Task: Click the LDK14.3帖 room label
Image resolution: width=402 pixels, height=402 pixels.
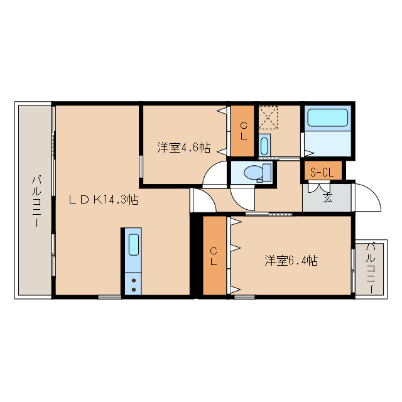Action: [104, 200]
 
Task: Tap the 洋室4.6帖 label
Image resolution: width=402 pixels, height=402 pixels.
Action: [183, 148]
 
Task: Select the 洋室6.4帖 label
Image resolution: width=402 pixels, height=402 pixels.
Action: [290, 260]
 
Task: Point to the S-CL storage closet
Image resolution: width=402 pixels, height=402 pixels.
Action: [323, 171]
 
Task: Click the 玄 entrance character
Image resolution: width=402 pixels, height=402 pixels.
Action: [327, 198]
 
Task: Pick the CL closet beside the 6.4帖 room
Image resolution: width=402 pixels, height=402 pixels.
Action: [214, 255]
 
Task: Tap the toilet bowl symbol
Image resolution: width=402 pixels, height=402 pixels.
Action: [255, 171]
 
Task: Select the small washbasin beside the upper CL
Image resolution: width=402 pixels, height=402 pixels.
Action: [264, 146]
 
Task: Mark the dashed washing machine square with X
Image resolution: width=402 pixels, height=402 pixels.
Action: [269, 117]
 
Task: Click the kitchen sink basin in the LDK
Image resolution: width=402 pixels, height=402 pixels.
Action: [133, 244]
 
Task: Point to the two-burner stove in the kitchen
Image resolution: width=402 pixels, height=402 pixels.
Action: [133, 282]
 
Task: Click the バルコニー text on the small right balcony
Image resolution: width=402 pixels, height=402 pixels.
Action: [371, 268]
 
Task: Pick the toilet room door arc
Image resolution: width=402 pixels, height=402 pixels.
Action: [242, 197]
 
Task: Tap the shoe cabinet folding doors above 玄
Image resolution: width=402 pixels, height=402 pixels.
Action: [317, 187]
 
